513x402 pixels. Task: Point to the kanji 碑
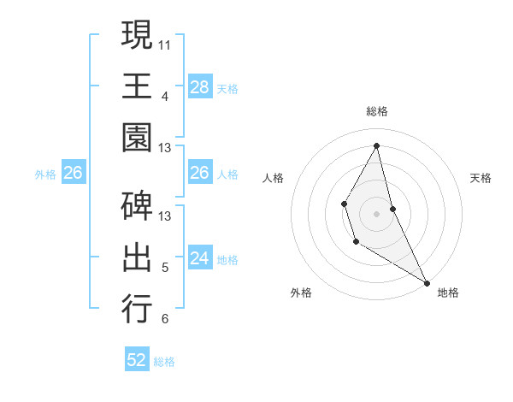click(137, 205)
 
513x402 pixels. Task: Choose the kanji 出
click(137, 256)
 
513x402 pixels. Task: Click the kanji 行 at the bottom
click(137, 307)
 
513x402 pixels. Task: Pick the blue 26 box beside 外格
click(73, 173)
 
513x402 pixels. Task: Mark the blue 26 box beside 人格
click(199, 173)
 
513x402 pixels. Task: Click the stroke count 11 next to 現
click(165, 43)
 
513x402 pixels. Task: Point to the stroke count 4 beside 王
click(165, 96)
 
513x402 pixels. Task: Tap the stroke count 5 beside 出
click(165, 267)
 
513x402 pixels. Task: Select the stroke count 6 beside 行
click(165, 319)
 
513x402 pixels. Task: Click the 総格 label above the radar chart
click(376, 111)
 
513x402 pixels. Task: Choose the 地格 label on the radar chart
click(448, 293)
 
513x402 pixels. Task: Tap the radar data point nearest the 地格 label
click(427, 282)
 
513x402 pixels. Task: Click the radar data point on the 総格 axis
click(376, 146)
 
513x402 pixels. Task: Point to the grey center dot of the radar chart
click(376, 212)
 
